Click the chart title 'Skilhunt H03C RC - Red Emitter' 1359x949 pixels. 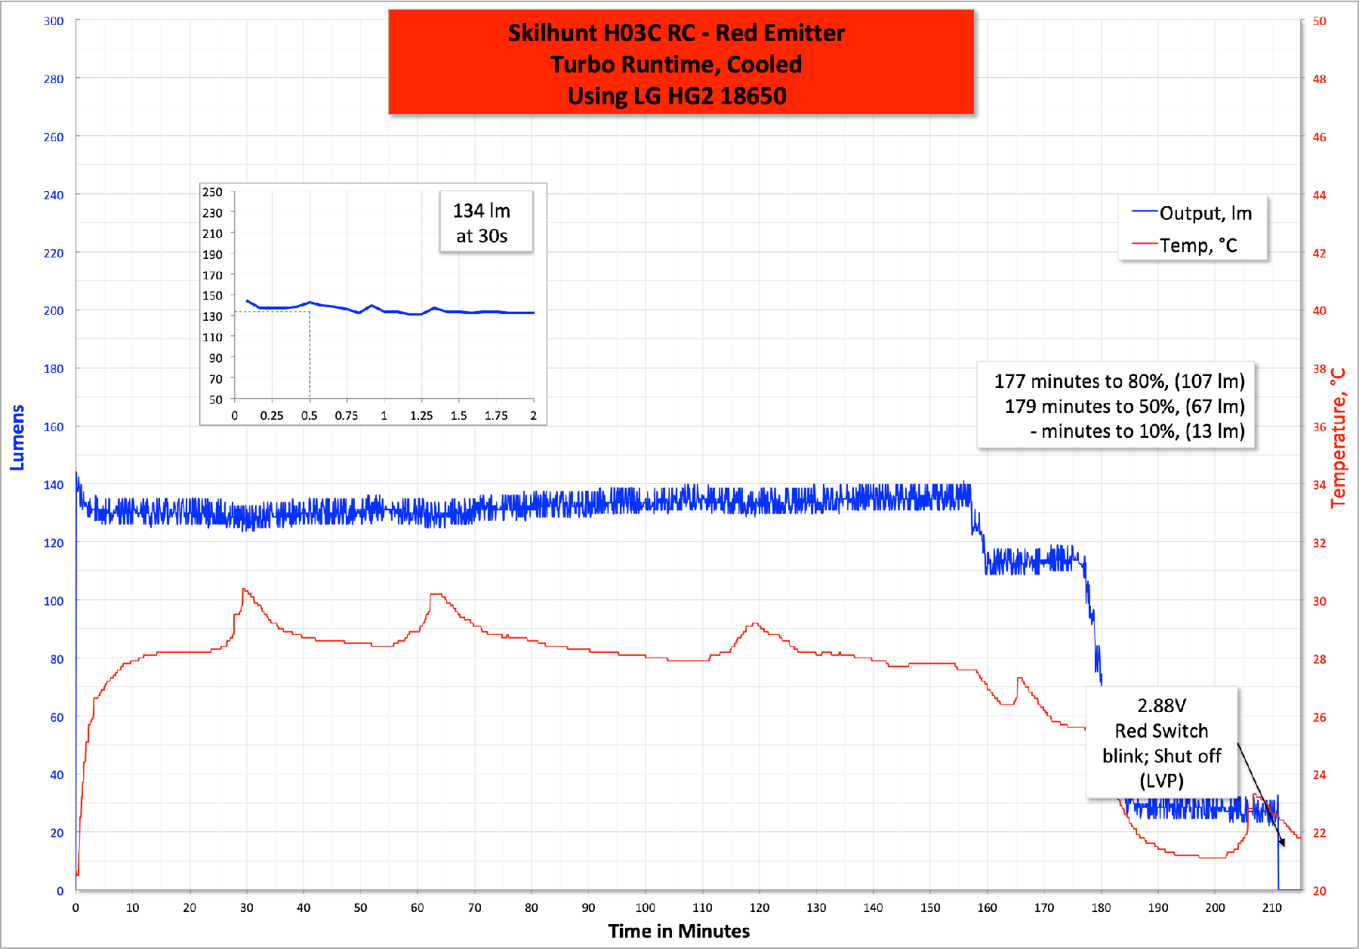coord(676,33)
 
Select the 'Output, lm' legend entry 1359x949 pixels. coord(1205,214)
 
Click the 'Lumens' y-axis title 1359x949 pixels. coord(17,437)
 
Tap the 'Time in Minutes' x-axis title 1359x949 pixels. coord(679,931)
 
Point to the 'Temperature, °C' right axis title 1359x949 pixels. coord(1338,438)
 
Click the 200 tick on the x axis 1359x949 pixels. coord(1215,907)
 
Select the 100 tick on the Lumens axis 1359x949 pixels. coord(54,601)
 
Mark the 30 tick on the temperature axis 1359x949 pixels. coord(1319,601)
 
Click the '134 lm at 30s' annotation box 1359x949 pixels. coord(482,223)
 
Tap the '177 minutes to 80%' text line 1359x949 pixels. coord(1119,381)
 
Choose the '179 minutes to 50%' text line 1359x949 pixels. coord(1124,406)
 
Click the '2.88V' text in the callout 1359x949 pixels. coord(1161,705)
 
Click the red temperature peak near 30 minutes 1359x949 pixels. coord(244,589)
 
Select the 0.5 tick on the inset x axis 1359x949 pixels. coord(309,416)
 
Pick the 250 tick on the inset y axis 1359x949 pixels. coord(212,193)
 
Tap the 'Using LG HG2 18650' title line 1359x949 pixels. coord(676,96)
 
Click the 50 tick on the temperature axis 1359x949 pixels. coord(1319,21)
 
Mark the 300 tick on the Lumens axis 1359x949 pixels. coord(54,21)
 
